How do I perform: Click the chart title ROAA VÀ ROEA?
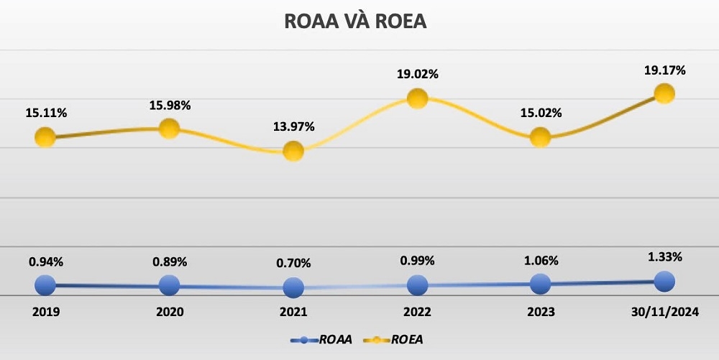(x=356, y=22)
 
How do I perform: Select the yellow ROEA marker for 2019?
(x=45, y=137)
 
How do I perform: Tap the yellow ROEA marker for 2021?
(x=293, y=151)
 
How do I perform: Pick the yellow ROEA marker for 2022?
(x=417, y=98)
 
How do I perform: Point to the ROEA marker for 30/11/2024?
(x=664, y=93)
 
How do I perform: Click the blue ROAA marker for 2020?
(x=169, y=285)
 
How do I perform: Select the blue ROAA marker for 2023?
(x=540, y=284)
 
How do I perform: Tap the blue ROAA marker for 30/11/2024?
(x=664, y=281)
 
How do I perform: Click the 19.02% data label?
(x=417, y=74)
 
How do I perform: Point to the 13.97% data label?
(x=293, y=127)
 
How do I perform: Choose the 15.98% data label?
(x=170, y=106)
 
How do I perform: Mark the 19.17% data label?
(x=664, y=70)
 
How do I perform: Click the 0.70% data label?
(x=293, y=263)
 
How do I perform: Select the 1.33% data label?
(x=664, y=257)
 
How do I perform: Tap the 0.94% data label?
(x=45, y=262)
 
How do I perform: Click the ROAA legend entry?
(x=321, y=339)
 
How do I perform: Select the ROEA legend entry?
(x=398, y=339)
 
